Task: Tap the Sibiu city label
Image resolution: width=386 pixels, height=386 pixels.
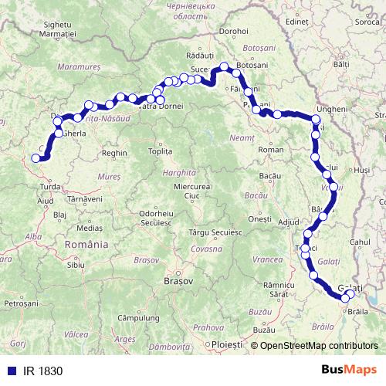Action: pyautogui.click(x=76, y=264)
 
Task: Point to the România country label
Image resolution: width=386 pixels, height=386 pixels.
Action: pyautogui.click(x=86, y=244)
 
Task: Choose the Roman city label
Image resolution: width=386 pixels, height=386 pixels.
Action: pyautogui.click(x=266, y=148)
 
